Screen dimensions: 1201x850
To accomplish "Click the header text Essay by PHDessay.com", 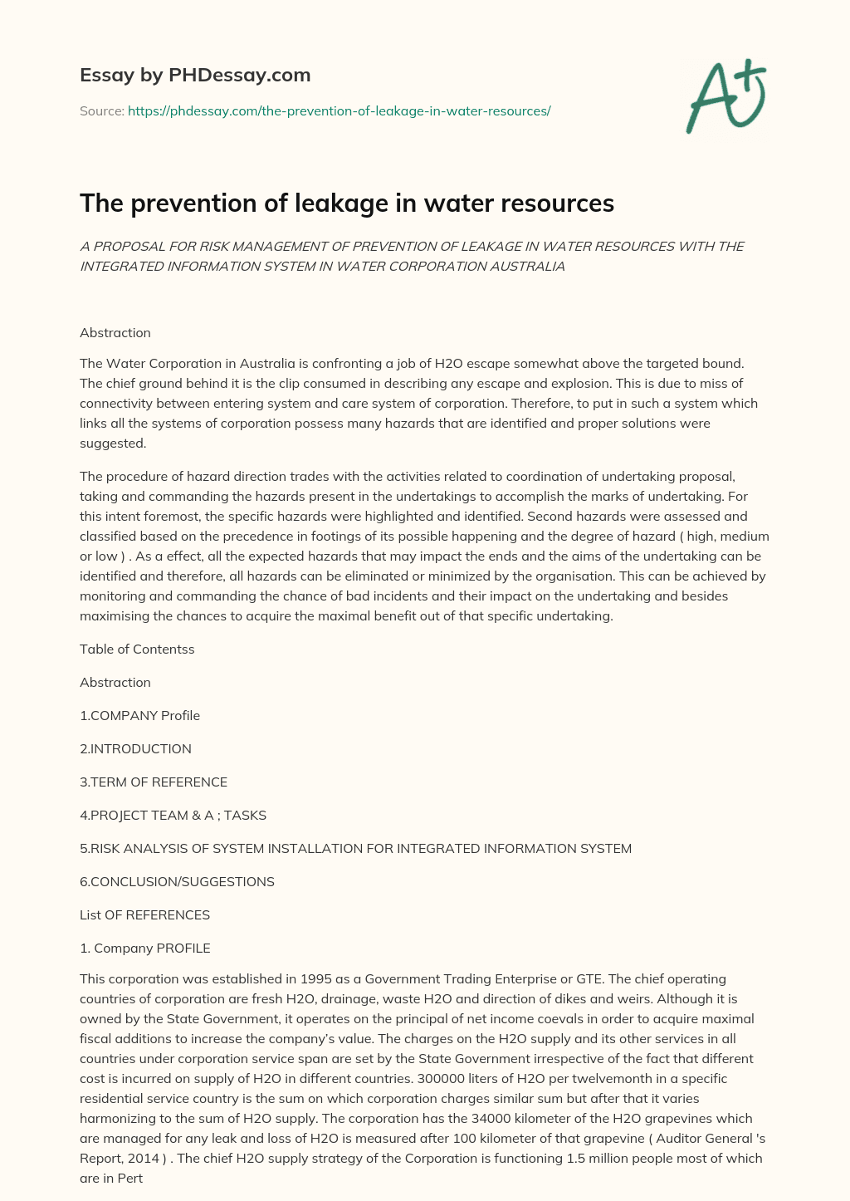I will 195,76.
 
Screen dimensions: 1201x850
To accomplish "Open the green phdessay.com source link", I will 339,110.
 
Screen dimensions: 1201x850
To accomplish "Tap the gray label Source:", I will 101,110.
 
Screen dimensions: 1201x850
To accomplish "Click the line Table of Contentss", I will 137,650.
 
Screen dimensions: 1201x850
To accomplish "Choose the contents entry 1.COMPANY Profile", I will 139,716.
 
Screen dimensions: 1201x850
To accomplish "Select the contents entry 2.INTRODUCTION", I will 135,749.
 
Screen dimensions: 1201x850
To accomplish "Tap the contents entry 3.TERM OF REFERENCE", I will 154,782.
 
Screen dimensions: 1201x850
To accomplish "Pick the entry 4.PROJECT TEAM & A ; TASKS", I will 173,816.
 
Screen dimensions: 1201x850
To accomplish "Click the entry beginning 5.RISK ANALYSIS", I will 355,849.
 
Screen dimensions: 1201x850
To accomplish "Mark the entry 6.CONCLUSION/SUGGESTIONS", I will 177,882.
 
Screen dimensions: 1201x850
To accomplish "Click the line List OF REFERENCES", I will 144,915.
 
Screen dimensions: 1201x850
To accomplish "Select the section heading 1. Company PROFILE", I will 144,949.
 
